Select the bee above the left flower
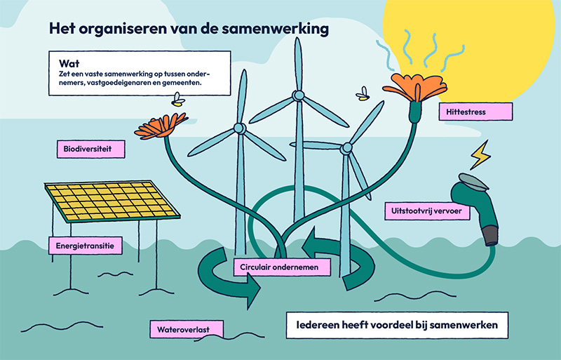[178, 101]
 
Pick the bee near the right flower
[363, 93]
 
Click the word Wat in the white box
[67, 62]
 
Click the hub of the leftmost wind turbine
[239, 128]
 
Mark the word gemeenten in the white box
[180, 82]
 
